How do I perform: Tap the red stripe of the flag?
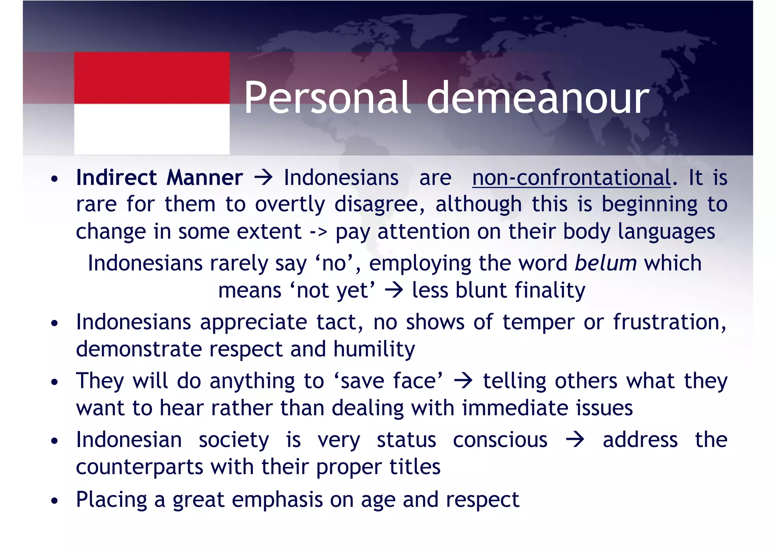tap(152, 78)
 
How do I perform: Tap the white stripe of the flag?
tap(152, 129)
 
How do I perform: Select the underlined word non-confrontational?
tap(571, 177)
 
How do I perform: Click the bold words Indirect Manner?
tap(159, 177)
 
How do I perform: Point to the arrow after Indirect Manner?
tap(263, 177)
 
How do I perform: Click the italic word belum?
tap(605, 263)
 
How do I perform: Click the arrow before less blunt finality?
tap(394, 290)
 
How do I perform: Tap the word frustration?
tap(670, 322)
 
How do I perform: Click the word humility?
tap(374, 349)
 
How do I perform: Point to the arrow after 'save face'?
tap(463, 381)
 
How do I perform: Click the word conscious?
tap(500, 440)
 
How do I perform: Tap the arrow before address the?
tap(575, 440)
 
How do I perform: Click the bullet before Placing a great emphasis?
tap(55, 500)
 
